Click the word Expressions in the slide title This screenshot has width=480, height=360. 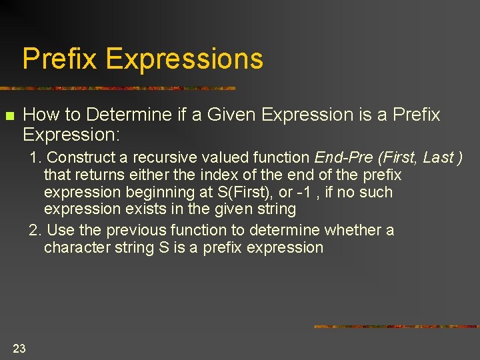pos(184,59)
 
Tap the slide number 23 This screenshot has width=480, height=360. pos(19,348)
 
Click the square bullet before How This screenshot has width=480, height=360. pos(9,117)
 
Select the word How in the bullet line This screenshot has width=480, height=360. pos(41,115)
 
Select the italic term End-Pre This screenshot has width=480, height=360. pos(339,157)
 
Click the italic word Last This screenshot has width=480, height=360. pos(437,157)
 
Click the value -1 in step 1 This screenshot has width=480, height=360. pos(286,192)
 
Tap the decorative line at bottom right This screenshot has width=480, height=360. pos(396,327)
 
